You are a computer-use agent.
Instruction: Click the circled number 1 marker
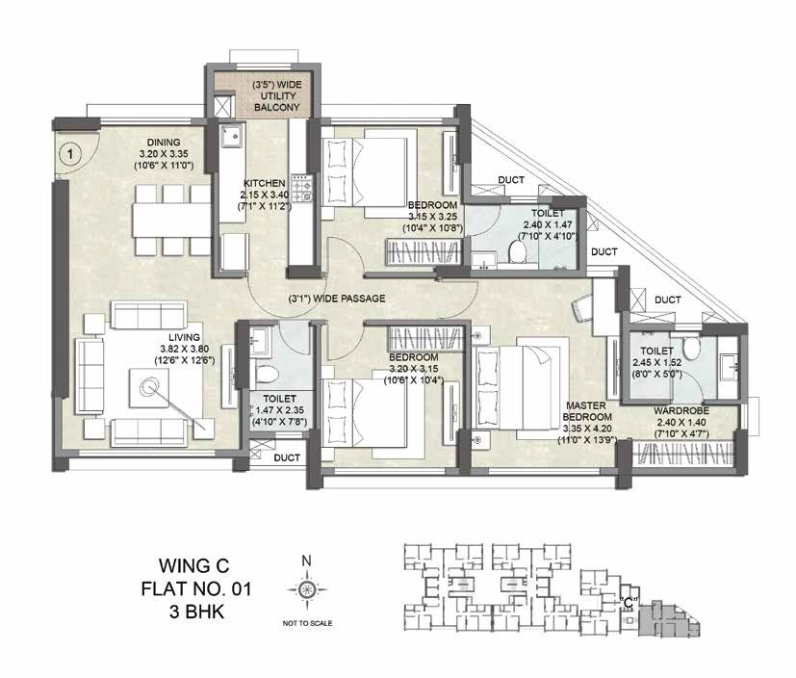point(69,151)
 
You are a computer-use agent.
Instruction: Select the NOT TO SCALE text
point(307,624)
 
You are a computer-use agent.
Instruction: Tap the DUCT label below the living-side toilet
point(285,458)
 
